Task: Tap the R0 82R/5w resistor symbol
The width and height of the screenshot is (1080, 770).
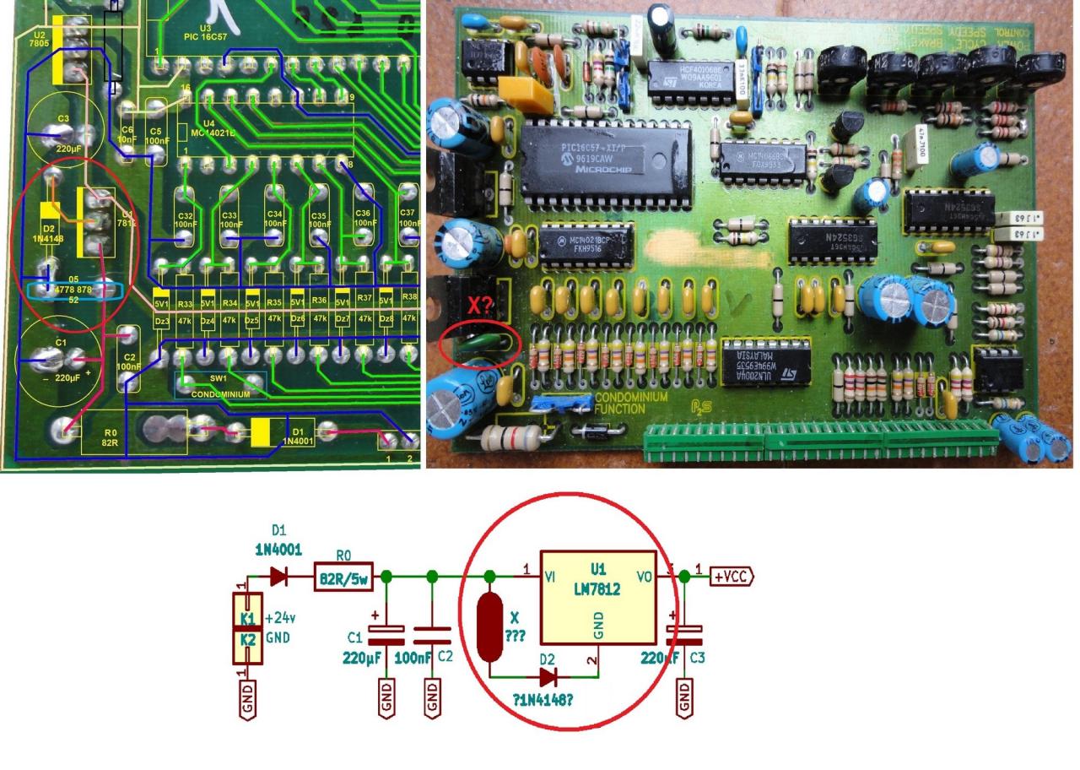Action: coord(342,577)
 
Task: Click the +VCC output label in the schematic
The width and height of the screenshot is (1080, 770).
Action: coord(731,577)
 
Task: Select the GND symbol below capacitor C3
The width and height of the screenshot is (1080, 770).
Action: coord(683,697)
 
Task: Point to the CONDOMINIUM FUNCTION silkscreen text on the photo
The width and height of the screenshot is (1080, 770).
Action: coord(631,403)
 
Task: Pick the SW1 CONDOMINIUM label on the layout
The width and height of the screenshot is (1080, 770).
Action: coord(219,386)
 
